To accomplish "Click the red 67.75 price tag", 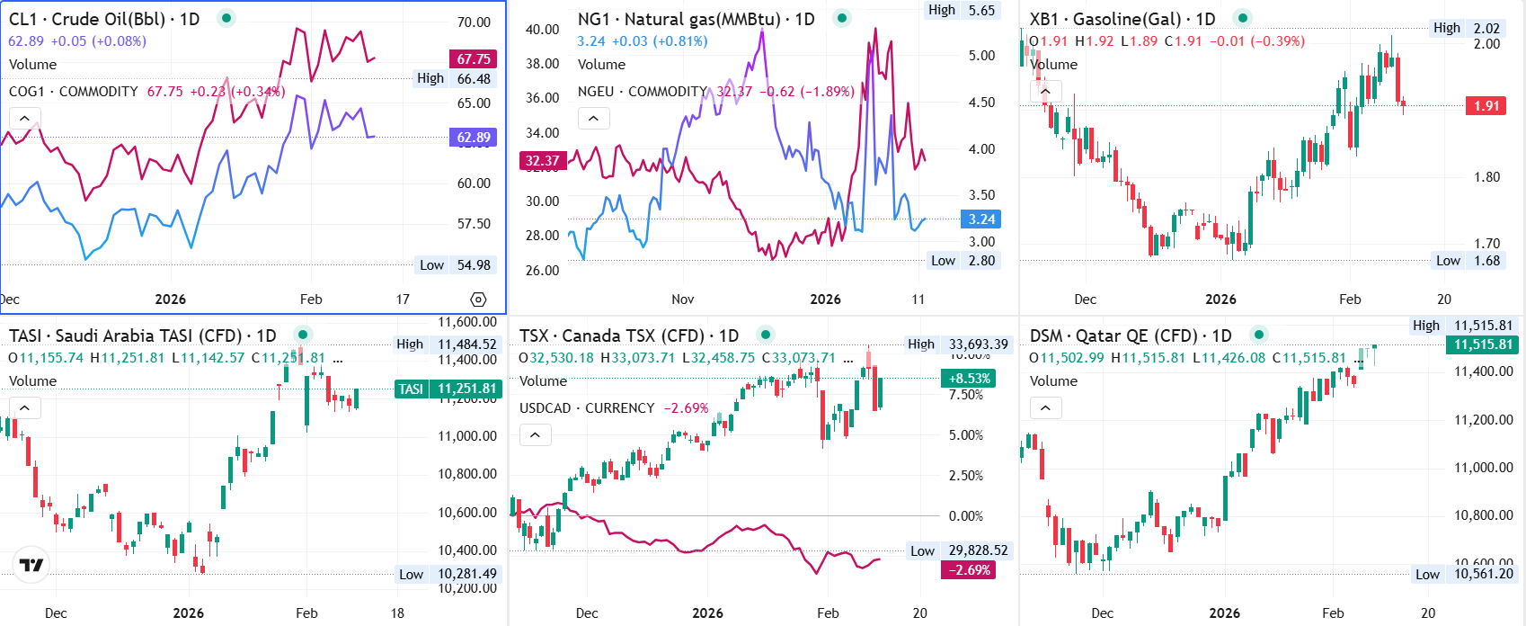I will point(473,59).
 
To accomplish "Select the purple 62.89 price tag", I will point(473,138).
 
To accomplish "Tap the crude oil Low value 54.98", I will point(474,264).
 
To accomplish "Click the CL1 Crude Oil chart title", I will point(104,19).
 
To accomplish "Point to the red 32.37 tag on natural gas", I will point(542,161).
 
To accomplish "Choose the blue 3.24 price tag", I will point(981,219).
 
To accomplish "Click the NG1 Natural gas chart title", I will point(696,19).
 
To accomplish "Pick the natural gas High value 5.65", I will point(981,10).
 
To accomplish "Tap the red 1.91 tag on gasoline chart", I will point(1486,105).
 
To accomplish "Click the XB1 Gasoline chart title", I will point(1122,19).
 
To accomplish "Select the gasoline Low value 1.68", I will point(1486,260).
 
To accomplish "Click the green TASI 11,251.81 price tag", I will point(447,389).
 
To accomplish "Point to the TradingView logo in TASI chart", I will point(31,565).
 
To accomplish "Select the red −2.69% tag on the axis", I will point(968,569).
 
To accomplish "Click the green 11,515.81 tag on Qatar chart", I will point(1483,344).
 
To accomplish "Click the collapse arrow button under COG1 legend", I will point(24,118).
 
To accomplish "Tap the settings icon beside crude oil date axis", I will point(478,300).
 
